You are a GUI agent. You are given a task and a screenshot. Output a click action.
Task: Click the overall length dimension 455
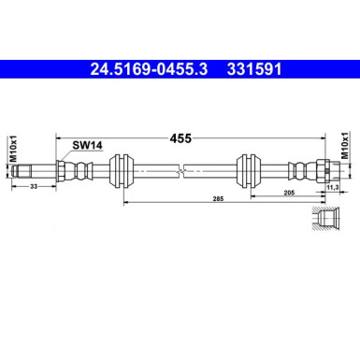(x=180, y=137)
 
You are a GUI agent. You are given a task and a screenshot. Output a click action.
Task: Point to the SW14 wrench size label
(x=87, y=145)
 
